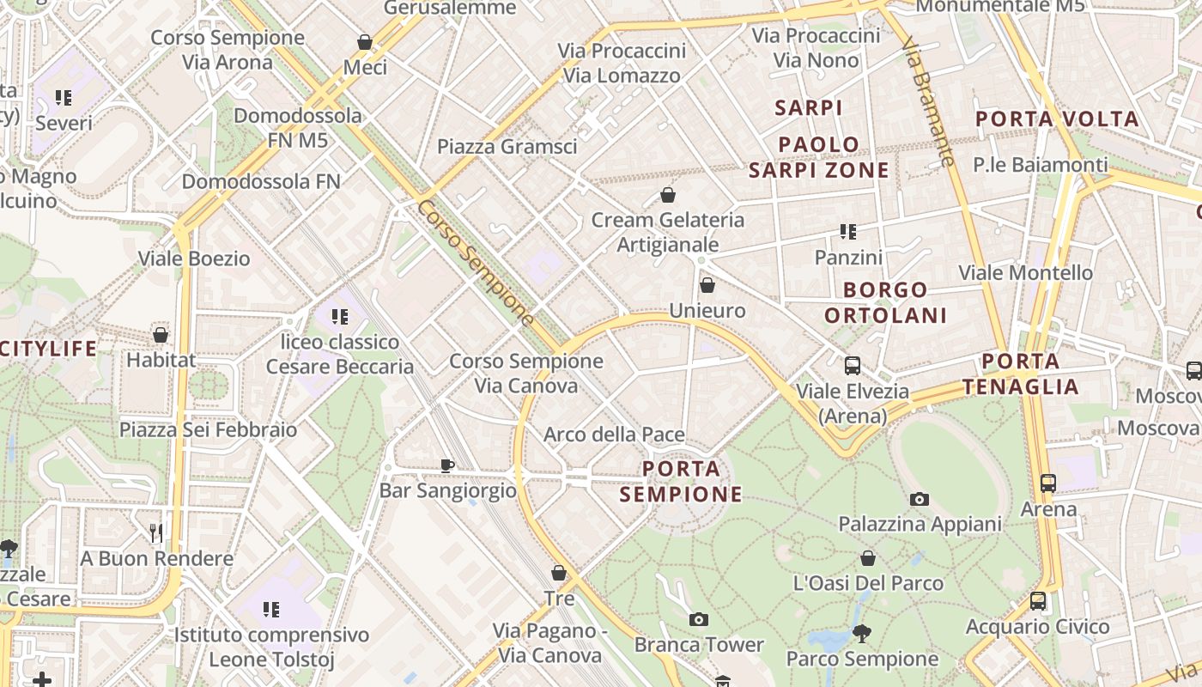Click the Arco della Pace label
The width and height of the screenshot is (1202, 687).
coord(614,435)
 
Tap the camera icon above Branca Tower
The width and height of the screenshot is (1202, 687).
coord(699,619)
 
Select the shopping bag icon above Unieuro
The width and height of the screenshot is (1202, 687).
coord(707,285)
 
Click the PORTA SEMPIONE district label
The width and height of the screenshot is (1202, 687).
coord(681,482)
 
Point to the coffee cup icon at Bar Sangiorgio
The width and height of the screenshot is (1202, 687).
coord(446,465)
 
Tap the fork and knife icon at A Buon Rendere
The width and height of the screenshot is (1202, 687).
coord(155,533)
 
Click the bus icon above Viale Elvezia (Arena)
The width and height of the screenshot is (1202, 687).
coord(852,366)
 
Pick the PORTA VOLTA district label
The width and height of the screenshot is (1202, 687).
coord(1057,119)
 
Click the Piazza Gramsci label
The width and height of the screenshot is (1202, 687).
coord(507,147)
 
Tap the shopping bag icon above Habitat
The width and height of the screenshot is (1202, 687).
coord(160,335)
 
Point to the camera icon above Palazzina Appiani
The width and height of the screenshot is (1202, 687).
coord(919,499)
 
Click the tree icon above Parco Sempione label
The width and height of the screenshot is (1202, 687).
coord(861,634)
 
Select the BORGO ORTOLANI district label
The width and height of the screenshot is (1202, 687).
coord(885,302)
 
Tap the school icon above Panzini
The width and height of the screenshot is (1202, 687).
coord(848,232)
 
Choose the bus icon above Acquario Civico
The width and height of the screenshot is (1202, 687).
coord(1037,601)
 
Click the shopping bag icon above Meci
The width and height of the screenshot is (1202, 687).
coord(365,42)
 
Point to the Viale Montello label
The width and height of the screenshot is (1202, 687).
coord(1025,273)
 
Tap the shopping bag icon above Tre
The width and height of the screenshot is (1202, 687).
coord(559,573)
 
